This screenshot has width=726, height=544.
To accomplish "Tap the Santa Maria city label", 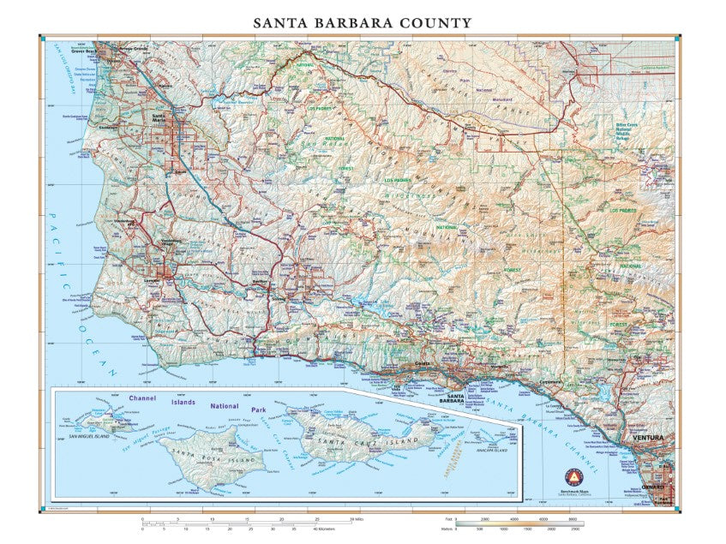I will click(x=158, y=118).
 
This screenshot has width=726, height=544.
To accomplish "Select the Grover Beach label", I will click(x=110, y=51).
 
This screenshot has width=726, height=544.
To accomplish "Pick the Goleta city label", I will click(x=423, y=364).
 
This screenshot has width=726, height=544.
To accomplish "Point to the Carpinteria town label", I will click(x=549, y=382).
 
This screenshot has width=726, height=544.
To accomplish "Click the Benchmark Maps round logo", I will click(x=565, y=477).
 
